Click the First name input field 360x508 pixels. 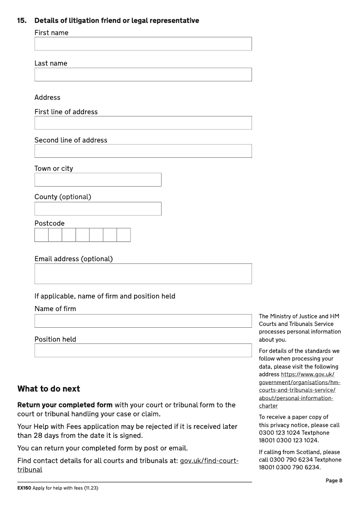[x=143, y=44]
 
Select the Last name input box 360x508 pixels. [x=143, y=75]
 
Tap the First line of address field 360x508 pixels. [x=143, y=123]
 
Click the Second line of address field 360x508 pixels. [x=143, y=151]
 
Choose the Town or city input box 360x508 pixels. [x=98, y=180]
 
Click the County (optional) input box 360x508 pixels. [x=98, y=209]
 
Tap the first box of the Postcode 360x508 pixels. [x=41, y=235]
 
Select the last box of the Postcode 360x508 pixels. [x=124, y=235]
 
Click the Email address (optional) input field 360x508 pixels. [x=143, y=274]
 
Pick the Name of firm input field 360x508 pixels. [x=143, y=321]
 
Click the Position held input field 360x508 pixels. [x=143, y=350]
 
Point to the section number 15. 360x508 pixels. [x=22, y=21]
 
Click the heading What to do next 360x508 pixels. [x=49, y=389]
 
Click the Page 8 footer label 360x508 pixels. [x=334, y=481]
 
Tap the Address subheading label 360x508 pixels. [x=47, y=98]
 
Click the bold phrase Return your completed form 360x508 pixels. [x=65, y=405]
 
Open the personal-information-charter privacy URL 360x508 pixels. [x=300, y=383]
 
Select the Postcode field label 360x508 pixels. [x=49, y=223]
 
